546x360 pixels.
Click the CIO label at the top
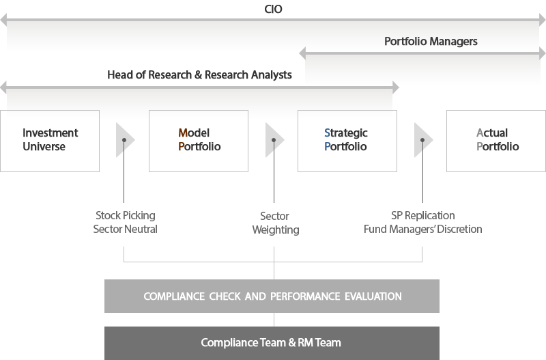(273, 9)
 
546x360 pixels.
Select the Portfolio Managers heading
(431, 42)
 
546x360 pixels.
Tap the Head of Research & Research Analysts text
(199, 74)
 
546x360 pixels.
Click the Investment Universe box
(50, 141)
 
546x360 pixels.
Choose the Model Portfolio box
(199, 141)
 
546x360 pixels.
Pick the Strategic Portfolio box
(347, 141)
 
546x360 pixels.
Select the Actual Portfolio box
(496, 141)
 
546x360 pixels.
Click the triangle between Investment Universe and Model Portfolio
(124, 140)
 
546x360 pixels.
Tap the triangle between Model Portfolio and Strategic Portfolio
(274, 140)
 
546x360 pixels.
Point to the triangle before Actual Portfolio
(422, 140)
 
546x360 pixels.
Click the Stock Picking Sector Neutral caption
(126, 222)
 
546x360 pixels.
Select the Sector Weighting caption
(276, 223)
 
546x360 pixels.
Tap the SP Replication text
(422, 215)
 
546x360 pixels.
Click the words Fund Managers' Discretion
(422, 229)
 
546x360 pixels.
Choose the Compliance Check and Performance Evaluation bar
(272, 296)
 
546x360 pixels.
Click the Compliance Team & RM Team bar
(272, 343)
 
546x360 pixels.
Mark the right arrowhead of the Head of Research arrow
(396, 87)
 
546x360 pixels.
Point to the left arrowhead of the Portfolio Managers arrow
(302, 53)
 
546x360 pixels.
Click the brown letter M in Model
(183, 133)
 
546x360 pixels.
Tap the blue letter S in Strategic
(327, 133)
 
